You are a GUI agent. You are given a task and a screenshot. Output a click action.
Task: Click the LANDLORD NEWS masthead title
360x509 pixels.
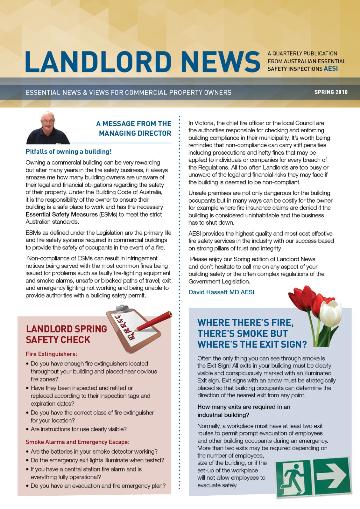click(142, 61)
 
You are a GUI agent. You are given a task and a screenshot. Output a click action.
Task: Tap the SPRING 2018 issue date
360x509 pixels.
click(331, 92)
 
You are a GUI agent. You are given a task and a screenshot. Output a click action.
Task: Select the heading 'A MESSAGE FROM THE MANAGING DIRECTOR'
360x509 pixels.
click(134, 129)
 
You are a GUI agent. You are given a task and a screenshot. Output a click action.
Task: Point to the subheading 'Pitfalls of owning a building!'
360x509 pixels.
click(68, 152)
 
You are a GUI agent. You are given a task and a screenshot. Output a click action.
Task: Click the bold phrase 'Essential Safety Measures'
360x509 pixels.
click(61, 214)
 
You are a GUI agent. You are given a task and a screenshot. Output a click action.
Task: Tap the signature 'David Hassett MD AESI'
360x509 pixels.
click(221, 292)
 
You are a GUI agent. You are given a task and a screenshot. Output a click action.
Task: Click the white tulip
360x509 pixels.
click(330, 313)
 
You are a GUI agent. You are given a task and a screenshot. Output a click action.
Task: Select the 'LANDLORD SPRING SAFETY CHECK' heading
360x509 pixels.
click(66, 334)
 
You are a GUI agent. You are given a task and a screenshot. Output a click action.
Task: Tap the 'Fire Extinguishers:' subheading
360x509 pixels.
click(52, 354)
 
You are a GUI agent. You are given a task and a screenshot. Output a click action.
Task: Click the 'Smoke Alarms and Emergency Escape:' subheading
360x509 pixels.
click(78, 442)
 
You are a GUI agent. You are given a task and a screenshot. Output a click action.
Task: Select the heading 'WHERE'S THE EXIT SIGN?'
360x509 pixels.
click(252, 344)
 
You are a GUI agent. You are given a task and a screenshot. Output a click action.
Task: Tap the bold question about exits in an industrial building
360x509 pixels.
click(244, 411)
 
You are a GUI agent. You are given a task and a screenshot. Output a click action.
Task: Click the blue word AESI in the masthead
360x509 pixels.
click(331, 69)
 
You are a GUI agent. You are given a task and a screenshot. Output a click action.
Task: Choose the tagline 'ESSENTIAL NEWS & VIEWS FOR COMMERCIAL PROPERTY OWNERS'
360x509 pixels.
click(129, 93)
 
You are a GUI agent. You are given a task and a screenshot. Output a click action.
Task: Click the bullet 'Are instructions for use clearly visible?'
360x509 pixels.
click(79, 429)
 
